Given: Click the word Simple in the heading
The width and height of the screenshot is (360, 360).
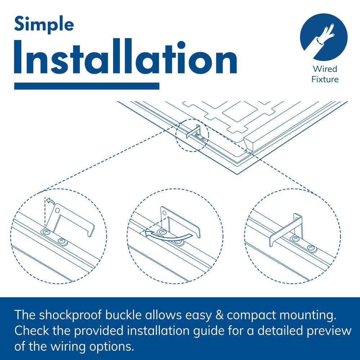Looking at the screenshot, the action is click(x=44, y=25).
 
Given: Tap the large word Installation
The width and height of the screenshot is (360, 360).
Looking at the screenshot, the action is click(x=125, y=57).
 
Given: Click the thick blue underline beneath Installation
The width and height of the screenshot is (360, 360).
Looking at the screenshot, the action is click(x=87, y=86).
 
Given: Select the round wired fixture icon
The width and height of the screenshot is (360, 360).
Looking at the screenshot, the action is click(x=324, y=37).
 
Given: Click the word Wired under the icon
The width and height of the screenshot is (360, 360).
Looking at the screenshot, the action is click(x=325, y=69).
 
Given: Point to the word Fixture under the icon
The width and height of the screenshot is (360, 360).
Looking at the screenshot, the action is click(x=325, y=80).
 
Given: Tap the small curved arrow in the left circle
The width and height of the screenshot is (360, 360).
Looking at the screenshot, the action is click(x=50, y=201).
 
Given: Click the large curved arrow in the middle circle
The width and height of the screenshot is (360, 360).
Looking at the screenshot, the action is click(x=169, y=237).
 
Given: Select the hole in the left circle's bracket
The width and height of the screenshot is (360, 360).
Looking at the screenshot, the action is click(x=57, y=210).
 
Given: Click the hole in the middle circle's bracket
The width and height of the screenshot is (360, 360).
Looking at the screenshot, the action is click(x=165, y=212).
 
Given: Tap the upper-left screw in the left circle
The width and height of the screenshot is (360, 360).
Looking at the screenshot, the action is click(x=46, y=232).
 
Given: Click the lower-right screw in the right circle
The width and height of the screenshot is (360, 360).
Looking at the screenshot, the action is click(x=311, y=248).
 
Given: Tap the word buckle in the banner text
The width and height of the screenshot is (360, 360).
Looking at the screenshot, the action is click(x=123, y=315).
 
